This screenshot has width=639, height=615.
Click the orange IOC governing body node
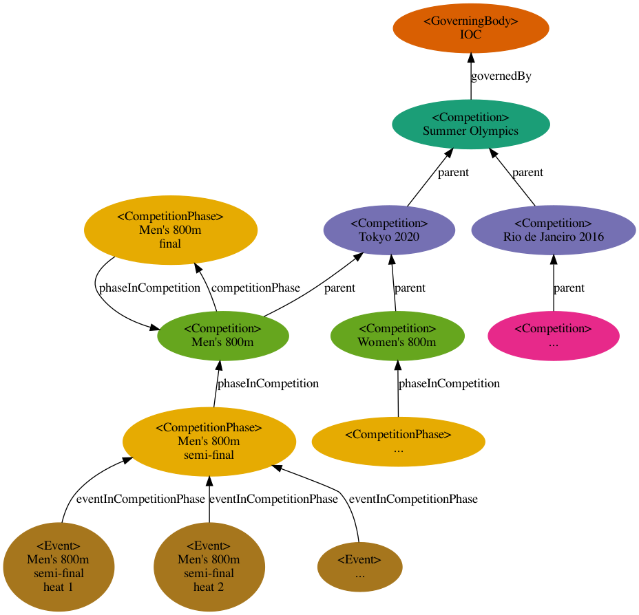pos(470,28)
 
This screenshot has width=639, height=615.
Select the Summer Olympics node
pos(470,125)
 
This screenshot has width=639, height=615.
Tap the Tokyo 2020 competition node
pos(389,230)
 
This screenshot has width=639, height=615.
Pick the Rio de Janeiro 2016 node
pos(554,230)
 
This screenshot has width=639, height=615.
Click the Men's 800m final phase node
pos(170,230)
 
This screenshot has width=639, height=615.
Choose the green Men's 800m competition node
pos(222,336)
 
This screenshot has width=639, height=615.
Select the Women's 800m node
pos(397,336)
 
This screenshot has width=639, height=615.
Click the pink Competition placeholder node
pos(554,336)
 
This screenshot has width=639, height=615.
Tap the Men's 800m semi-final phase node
pos(209,441)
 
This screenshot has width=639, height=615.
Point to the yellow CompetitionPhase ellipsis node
pos(398,441)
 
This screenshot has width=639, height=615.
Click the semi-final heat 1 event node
pos(59,567)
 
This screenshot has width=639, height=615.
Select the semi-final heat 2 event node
pos(209,567)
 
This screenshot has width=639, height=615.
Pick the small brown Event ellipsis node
pos(359,567)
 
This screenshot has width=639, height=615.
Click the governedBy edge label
pos(501,76)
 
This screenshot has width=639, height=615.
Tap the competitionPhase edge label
pos(255,288)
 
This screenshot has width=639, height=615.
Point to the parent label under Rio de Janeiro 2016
pos(569,288)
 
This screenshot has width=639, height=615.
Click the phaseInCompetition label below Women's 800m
pos(449,383)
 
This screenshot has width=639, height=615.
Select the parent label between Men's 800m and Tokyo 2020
pos(339,288)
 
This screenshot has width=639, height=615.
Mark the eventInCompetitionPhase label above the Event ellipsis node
pos(413,499)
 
